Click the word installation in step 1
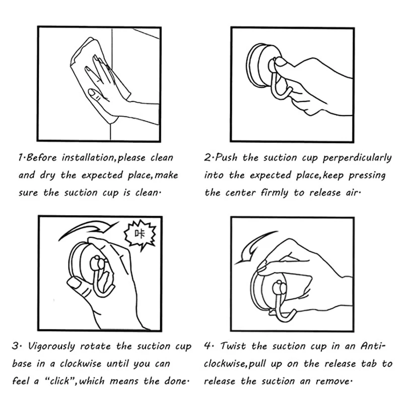pyautogui.click(x=89, y=158)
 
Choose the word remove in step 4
pyautogui.click(x=333, y=381)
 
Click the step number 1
pyautogui.click(x=21, y=158)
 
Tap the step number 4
pyautogui.click(x=207, y=347)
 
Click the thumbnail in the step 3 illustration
pyautogui.click(x=77, y=287)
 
